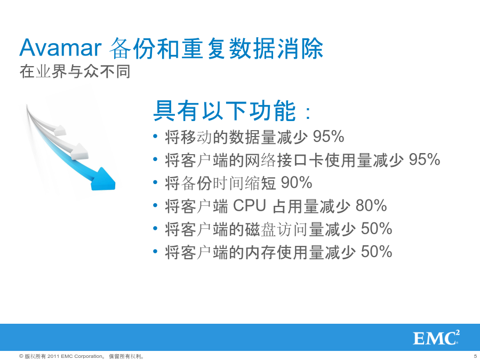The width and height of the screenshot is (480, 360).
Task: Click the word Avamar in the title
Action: coord(60,48)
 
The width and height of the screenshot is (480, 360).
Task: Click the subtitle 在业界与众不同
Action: coord(75,71)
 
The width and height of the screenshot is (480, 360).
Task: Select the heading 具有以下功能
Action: coord(225,111)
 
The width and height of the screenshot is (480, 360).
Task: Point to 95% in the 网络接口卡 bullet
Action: coord(425,159)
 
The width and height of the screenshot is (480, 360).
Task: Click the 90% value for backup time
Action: coord(297,182)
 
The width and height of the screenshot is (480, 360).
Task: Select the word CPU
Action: coord(250,205)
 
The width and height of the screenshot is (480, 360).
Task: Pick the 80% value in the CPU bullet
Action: coord(371,205)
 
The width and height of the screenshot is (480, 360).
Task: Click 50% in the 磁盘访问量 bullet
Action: coord(377,229)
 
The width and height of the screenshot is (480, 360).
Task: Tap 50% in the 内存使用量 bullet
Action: coord(377,252)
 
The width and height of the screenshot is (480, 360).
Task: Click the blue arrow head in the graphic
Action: coord(103,179)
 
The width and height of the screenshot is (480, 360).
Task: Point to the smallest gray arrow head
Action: coord(60,131)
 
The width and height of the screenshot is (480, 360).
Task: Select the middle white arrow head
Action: coord(79,151)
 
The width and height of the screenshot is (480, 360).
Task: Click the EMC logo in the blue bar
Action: coord(436,338)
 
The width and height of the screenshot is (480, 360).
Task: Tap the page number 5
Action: coord(475,356)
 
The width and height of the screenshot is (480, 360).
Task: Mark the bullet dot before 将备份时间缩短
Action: coord(156,182)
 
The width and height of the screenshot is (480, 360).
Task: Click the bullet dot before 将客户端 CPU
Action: coord(156,205)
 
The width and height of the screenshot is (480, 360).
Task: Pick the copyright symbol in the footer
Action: coord(21,356)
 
